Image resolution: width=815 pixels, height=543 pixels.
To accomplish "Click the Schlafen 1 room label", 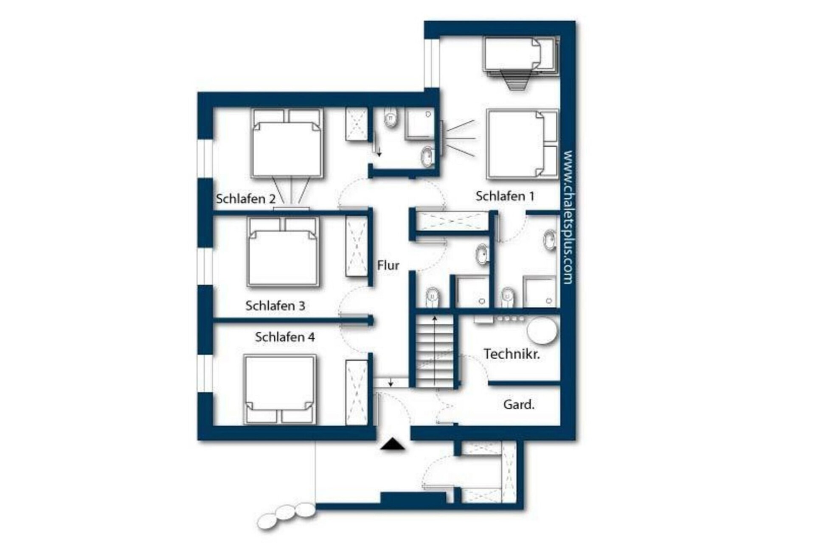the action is point(505,196).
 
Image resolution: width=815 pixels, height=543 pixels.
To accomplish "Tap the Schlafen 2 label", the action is point(245,199).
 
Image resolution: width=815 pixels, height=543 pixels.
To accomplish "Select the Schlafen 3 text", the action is point(275,305).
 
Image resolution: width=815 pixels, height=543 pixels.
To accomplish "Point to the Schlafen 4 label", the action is point(285,337).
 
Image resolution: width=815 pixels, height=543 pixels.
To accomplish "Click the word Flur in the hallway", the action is point(388,266).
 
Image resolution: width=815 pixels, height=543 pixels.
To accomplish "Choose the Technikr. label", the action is point(512,354).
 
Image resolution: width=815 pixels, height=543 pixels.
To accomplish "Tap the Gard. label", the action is point(519,404).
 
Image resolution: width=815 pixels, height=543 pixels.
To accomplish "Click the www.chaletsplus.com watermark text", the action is point(568,217).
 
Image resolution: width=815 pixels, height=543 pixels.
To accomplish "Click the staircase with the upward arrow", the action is point(434,350).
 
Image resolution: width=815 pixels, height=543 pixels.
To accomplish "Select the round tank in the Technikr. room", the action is point(542,332).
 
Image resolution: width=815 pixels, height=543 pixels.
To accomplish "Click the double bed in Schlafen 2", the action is point(287,143).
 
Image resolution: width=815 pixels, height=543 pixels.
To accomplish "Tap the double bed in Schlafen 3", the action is point(283,252).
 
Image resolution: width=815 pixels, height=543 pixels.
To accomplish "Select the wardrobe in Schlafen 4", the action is point(356,392).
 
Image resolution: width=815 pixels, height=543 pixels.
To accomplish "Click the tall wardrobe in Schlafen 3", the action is point(357,246).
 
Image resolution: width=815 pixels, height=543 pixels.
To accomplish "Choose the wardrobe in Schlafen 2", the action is point(356,124).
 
